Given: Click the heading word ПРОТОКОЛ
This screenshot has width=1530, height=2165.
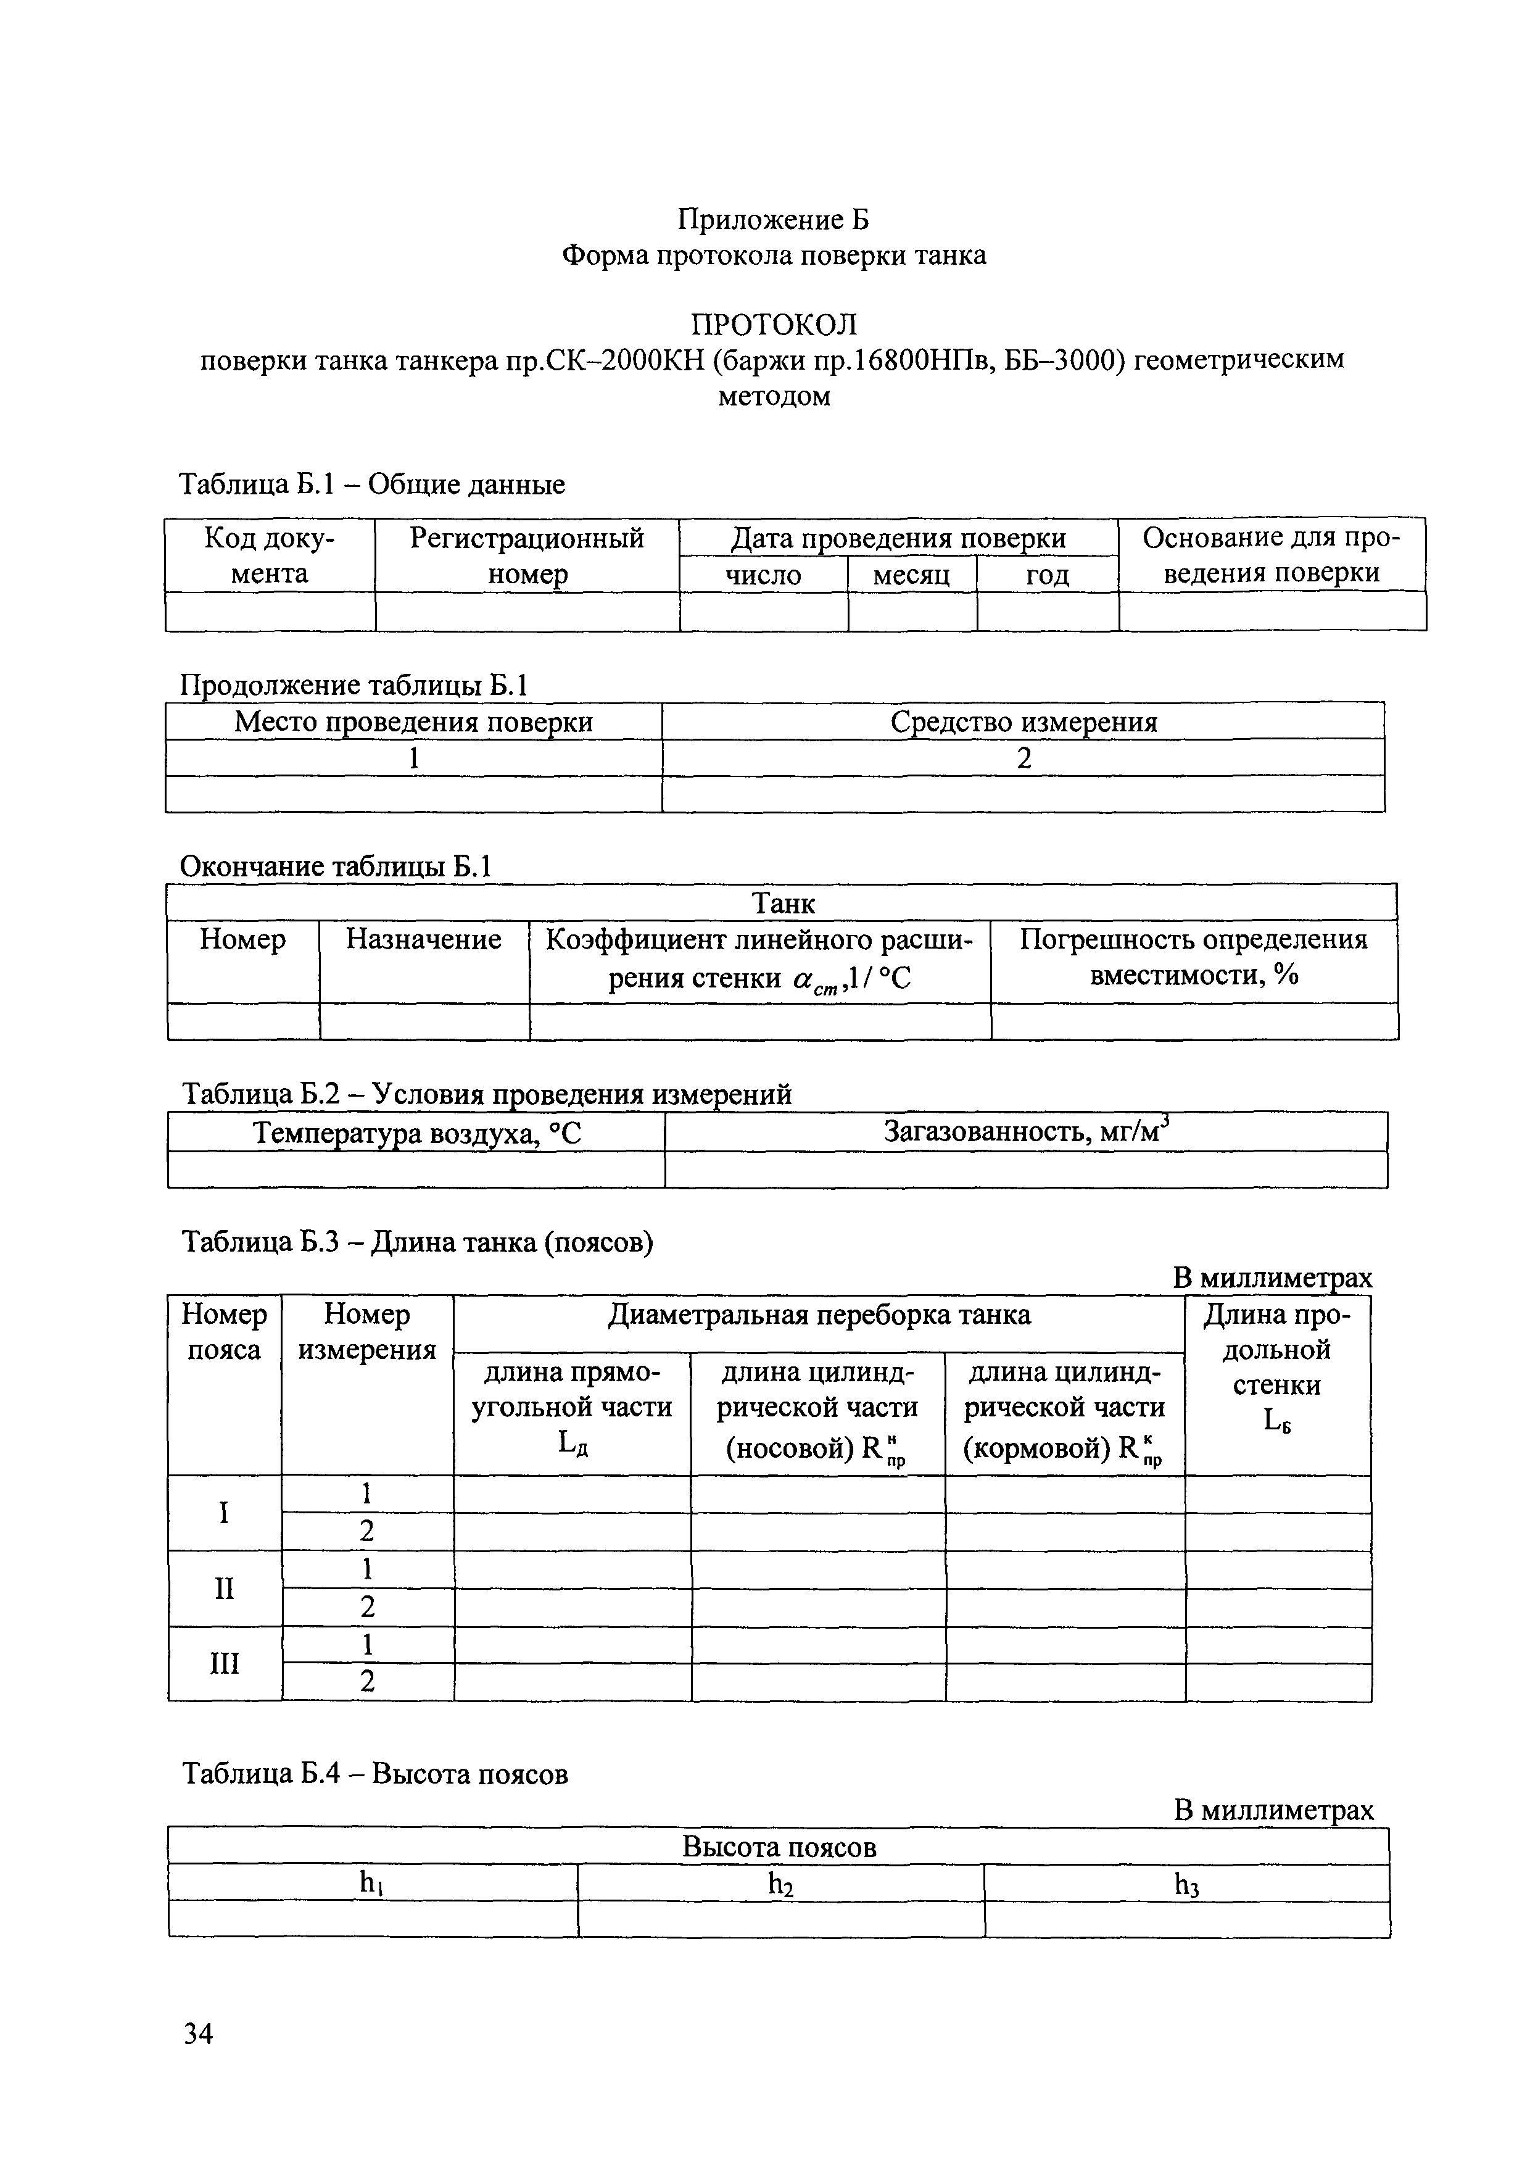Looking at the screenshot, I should pyautogui.click(x=774, y=325).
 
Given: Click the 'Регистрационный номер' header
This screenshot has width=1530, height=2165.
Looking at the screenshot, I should pyautogui.click(x=526, y=555).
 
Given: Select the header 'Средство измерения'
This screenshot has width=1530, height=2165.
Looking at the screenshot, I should pyautogui.click(x=1023, y=721).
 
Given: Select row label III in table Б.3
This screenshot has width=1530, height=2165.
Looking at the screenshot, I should pyautogui.click(x=225, y=1663).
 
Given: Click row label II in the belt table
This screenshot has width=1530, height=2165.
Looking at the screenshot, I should pyautogui.click(x=225, y=1588).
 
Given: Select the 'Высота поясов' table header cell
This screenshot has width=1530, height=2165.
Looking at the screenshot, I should pyautogui.click(x=779, y=1847).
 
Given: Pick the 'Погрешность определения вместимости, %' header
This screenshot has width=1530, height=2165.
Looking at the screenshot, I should pyautogui.click(x=1193, y=957).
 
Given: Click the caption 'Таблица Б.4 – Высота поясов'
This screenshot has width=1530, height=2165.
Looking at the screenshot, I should pyautogui.click(x=375, y=1774).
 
